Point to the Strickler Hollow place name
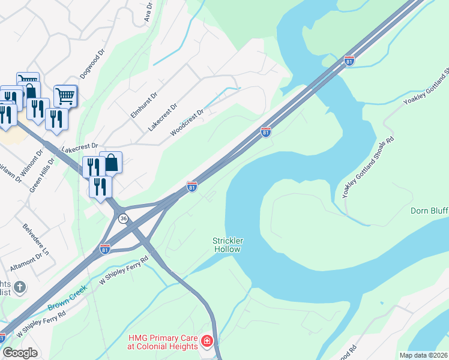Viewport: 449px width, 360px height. coord(227,245)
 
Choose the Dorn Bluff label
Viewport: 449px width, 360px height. coord(429,211)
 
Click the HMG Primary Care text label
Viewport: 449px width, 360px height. coord(162,342)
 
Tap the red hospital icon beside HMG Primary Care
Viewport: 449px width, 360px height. coord(207,342)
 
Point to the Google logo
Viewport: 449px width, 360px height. coord(20,353)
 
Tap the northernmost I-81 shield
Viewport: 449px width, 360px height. coord(349,61)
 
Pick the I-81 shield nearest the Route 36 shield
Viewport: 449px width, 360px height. coord(105,248)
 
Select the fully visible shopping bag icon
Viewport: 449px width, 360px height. coord(111,162)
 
